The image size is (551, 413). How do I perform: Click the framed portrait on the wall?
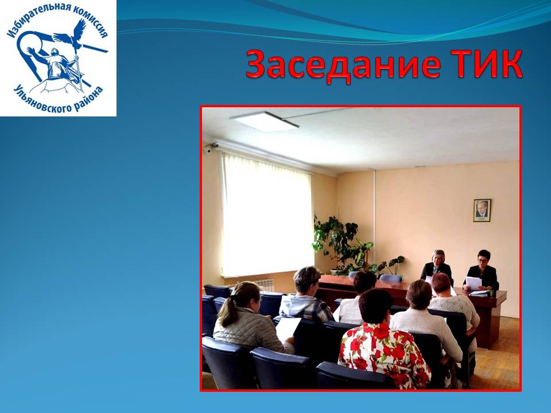click(x=482, y=211)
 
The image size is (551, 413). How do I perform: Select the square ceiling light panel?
click(x=264, y=122)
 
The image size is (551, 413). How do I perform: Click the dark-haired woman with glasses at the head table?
click(x=482, y=270)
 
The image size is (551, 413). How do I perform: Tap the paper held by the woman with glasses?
click(x=474, y=283)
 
